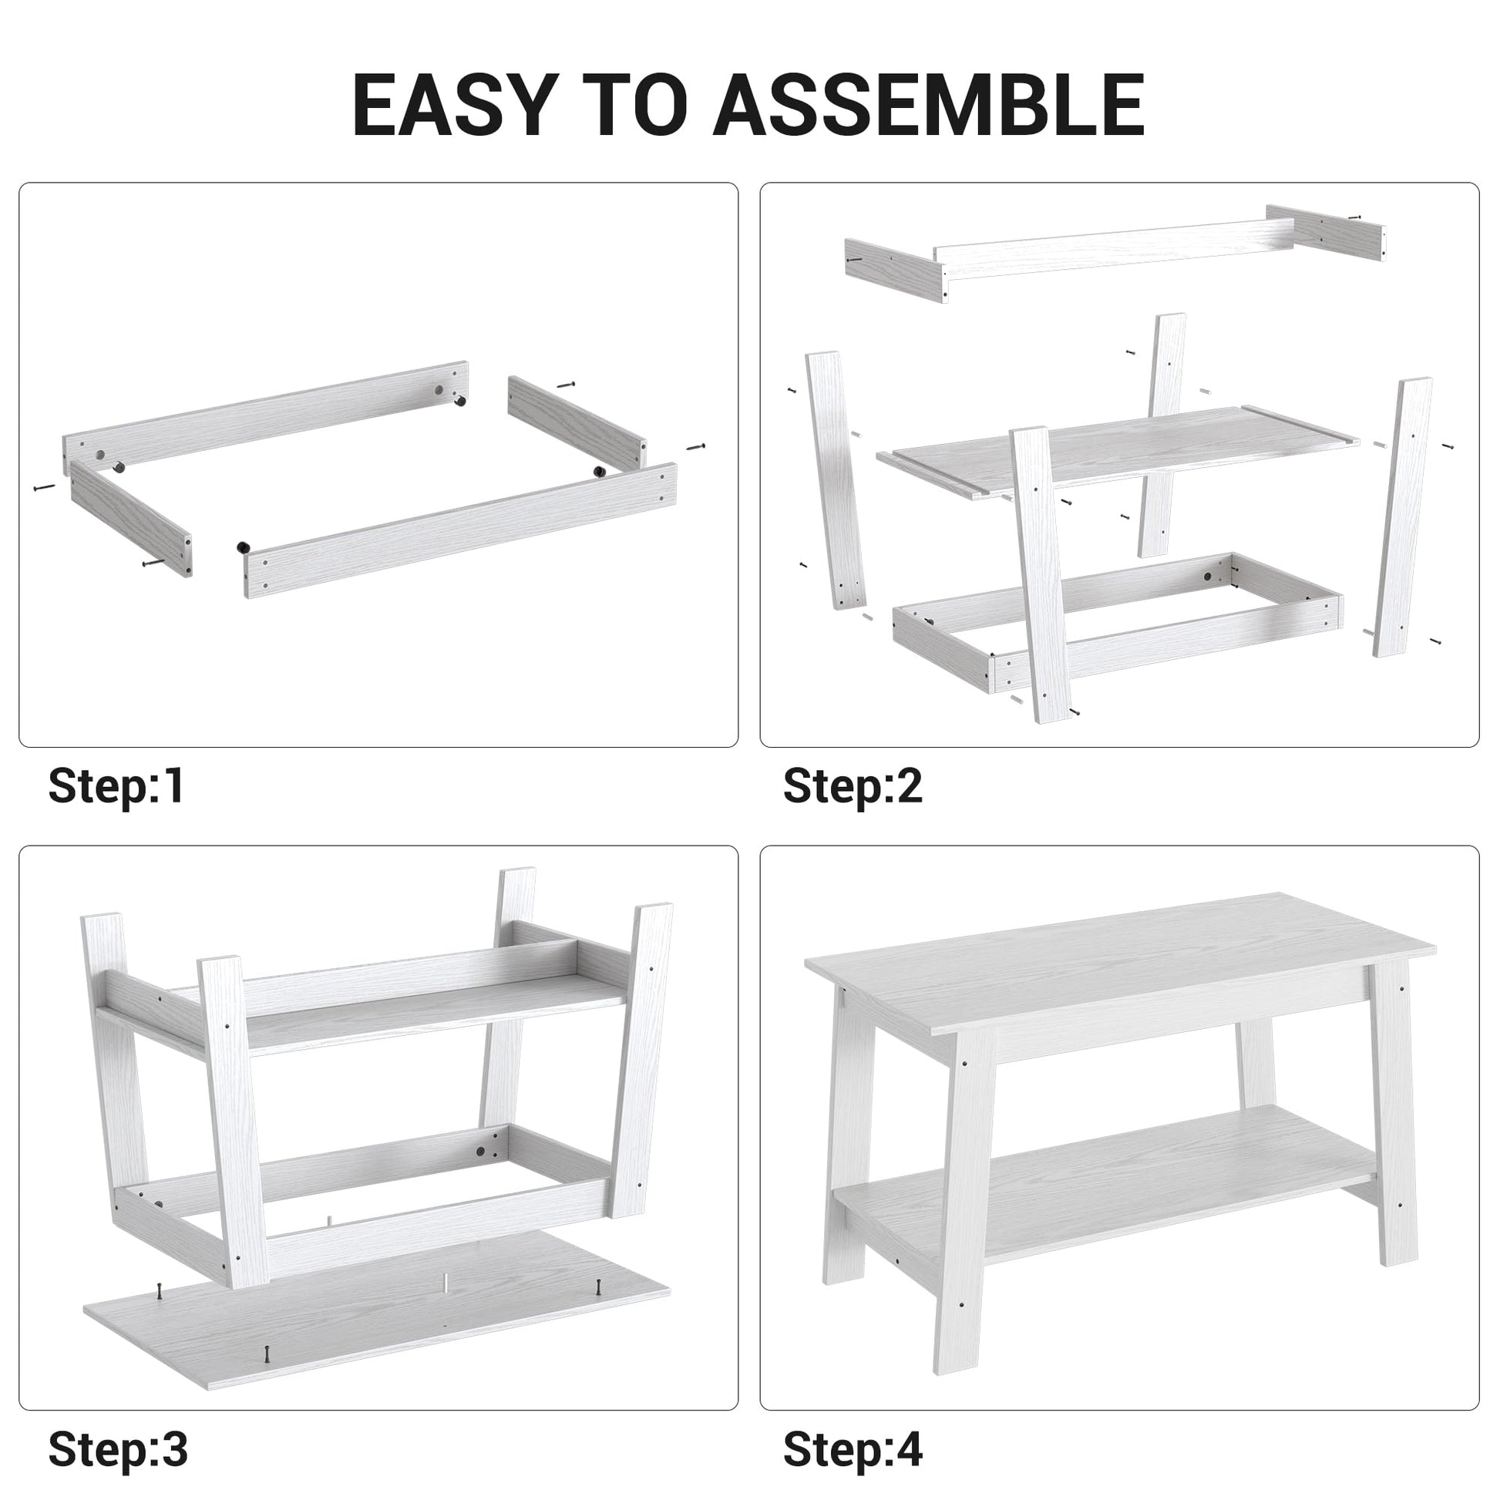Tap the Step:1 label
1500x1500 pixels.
pyautogui.click(x=116, y=785)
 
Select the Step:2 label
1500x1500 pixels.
pyautogui.click(x=853, y=785)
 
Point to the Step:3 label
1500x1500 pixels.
pyautogui.click(x=118, y=1450)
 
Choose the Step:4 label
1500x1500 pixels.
pyautogui.click(x=853, y=1450)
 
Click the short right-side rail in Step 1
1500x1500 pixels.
pyautogui.click(x=577, y=423)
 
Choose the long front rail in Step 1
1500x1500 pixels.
pyautogui.click(x=460, y=530)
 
